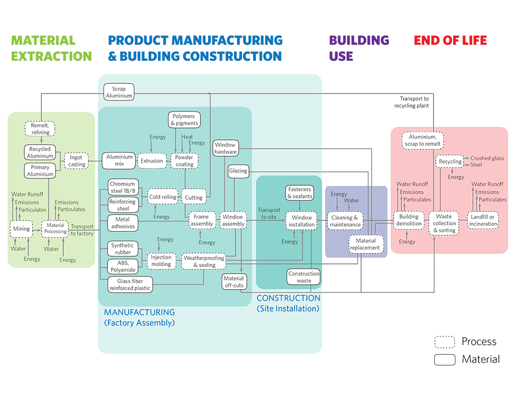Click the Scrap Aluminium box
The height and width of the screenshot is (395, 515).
point(119,92)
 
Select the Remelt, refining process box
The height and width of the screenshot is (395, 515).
point(40,129)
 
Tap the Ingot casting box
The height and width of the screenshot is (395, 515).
point(77,161)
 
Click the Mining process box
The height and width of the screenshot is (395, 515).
point(21,229)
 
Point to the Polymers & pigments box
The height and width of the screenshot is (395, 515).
point(185,120)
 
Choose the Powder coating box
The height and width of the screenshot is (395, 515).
point(185,161)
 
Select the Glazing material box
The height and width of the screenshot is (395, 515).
point(238,171)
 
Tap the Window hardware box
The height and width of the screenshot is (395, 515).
point(225,148)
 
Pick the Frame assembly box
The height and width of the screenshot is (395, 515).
point(202,220)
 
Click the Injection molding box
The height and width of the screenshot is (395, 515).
point(161,261)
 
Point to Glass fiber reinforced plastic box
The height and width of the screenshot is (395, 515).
point(130,284)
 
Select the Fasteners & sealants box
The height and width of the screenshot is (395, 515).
point(299,193)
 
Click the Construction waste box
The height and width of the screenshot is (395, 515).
point(304,277)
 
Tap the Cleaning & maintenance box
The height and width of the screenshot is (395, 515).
point(345,221)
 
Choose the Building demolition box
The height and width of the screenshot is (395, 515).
point(409,220)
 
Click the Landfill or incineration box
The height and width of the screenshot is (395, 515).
point(483,220)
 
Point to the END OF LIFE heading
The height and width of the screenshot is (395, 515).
point(450,40)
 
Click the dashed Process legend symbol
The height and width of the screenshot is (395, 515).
point(445,342)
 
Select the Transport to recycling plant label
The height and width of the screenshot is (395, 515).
point(414,102)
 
